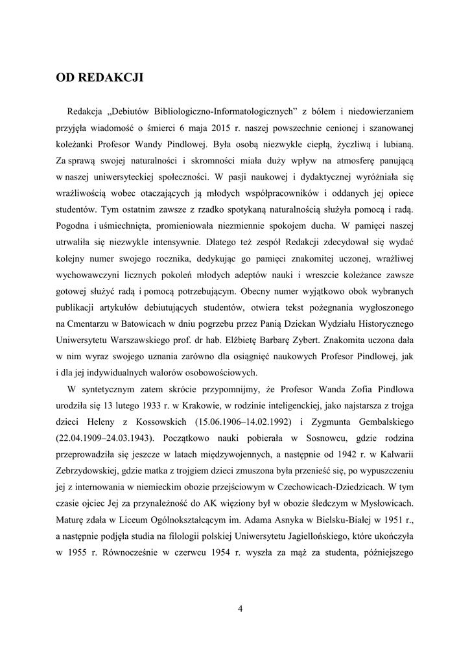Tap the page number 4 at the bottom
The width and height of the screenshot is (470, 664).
(240, 608)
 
